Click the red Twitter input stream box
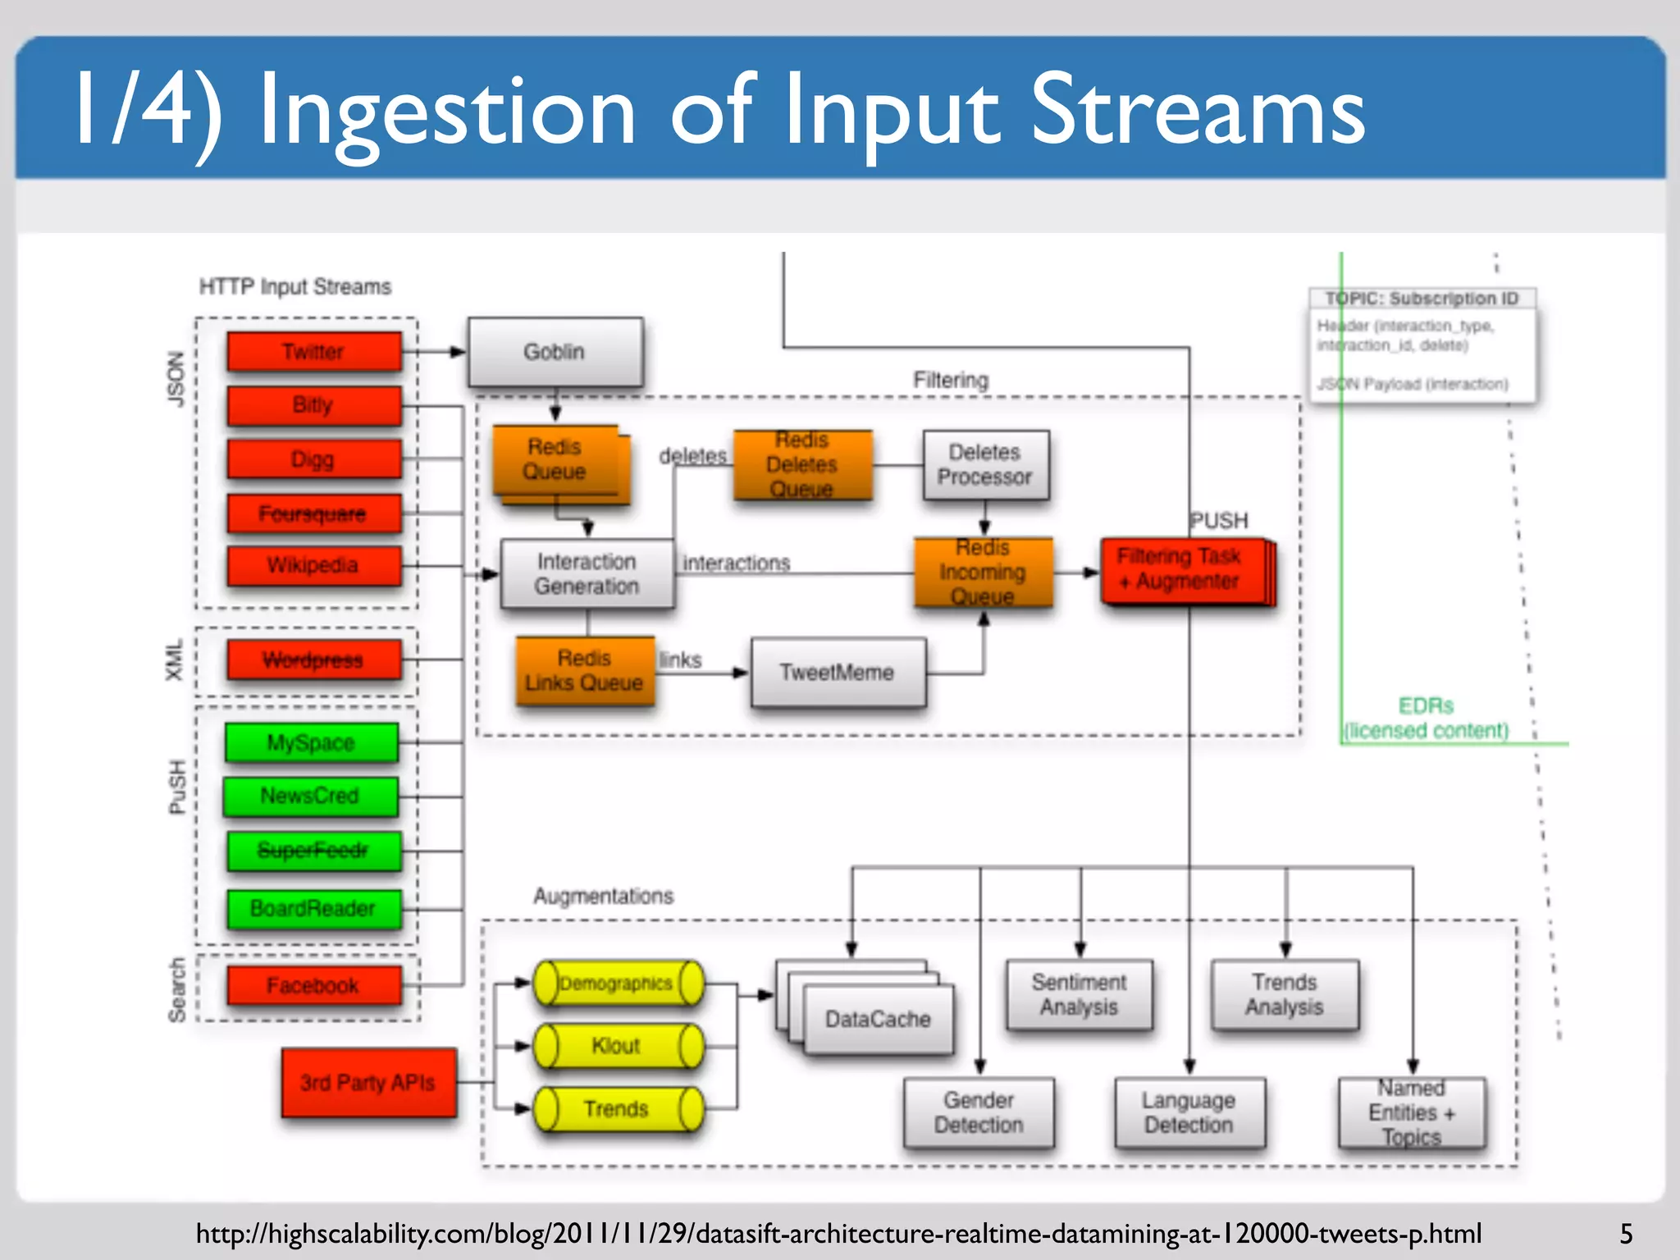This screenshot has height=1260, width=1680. point(314,351)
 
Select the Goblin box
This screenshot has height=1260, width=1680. point(555,352)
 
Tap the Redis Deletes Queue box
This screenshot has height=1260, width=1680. point(802,465)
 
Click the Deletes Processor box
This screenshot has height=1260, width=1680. point(985,465)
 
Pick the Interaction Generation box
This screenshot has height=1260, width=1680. point(587,573)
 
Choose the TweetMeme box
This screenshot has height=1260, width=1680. point(838,673)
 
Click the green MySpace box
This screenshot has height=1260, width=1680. point(312,742)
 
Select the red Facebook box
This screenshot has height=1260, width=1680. point(314,985)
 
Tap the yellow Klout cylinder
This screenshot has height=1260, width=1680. point(618,1046)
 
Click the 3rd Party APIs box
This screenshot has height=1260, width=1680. point(368,1083)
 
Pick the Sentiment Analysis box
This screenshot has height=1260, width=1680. point(1080,994)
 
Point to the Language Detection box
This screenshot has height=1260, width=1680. point(1189,1112)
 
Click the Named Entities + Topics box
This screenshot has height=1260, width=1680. point(1412,1112)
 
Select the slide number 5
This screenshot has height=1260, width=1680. point(1626,1234)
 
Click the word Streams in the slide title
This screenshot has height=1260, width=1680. point(1198,111)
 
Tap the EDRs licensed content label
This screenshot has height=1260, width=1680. point(1427,719)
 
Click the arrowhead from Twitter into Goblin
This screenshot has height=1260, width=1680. point(458,352)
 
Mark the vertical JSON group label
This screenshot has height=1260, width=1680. point(176,379)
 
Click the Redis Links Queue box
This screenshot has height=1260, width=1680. point(585,670)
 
